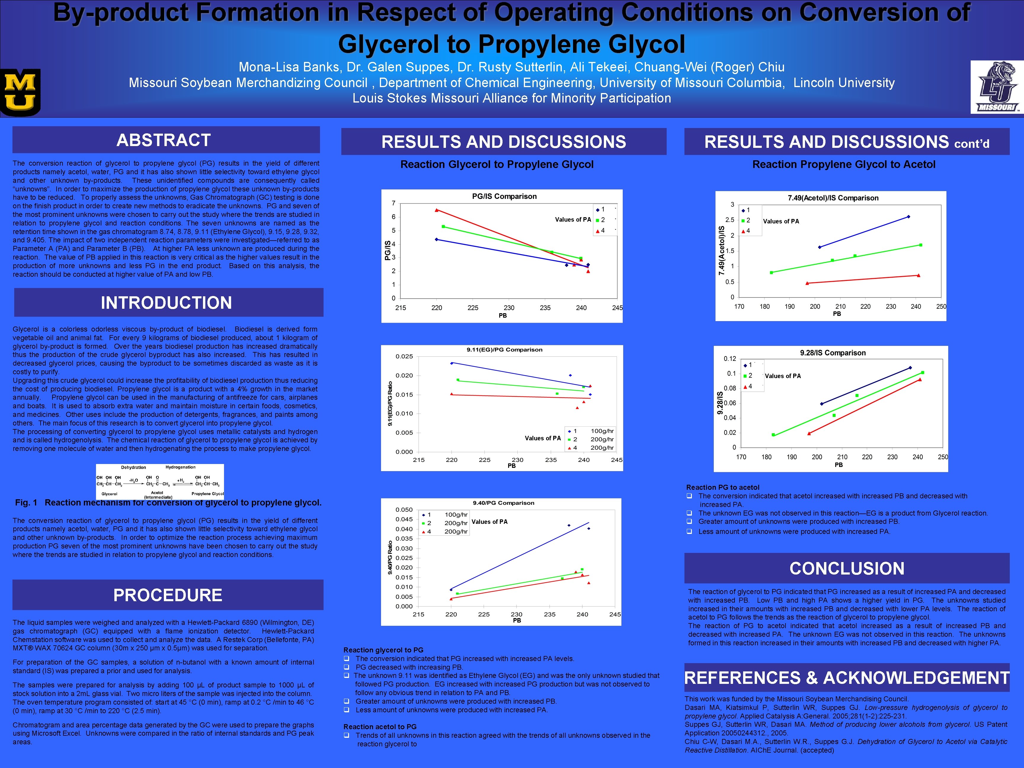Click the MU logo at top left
point(21,92)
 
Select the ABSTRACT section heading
point(164,140)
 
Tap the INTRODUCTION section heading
point(167,303)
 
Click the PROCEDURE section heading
point(168,595)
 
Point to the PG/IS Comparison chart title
point(504,196)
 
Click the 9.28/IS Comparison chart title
point(832,353)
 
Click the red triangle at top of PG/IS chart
point(436,210)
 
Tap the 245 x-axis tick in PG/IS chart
point(617,308)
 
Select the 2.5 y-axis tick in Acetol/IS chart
point(729,220)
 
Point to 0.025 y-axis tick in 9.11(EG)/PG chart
point(404,356)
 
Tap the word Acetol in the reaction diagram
point(157,492)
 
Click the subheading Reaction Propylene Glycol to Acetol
point(844,164)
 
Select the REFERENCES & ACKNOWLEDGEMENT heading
point(847,678)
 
